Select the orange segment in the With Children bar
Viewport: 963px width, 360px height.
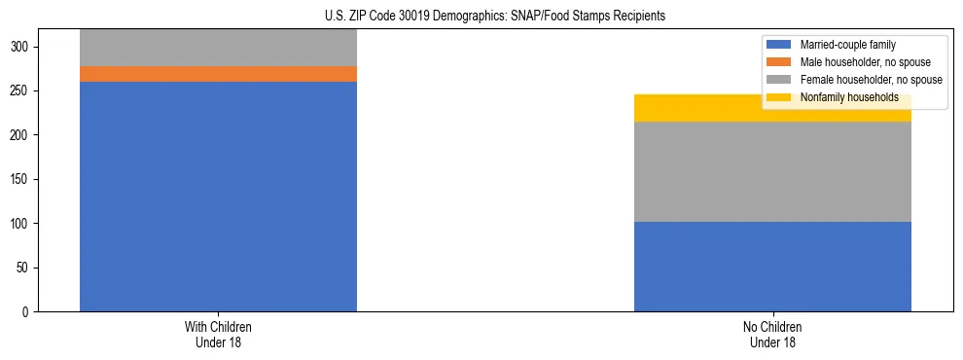coord(218,74)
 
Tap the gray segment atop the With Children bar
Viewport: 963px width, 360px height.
coord(218,48)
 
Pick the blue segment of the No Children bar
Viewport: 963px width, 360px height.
coord(772,267)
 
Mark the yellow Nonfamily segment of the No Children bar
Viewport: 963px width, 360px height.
coord(700,108)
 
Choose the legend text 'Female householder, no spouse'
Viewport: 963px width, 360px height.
coord(871,80)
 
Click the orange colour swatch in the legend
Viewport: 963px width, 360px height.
coord(779,62)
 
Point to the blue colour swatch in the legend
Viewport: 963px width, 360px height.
coord(779,45)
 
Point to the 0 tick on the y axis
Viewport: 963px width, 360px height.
coord(29,312)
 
